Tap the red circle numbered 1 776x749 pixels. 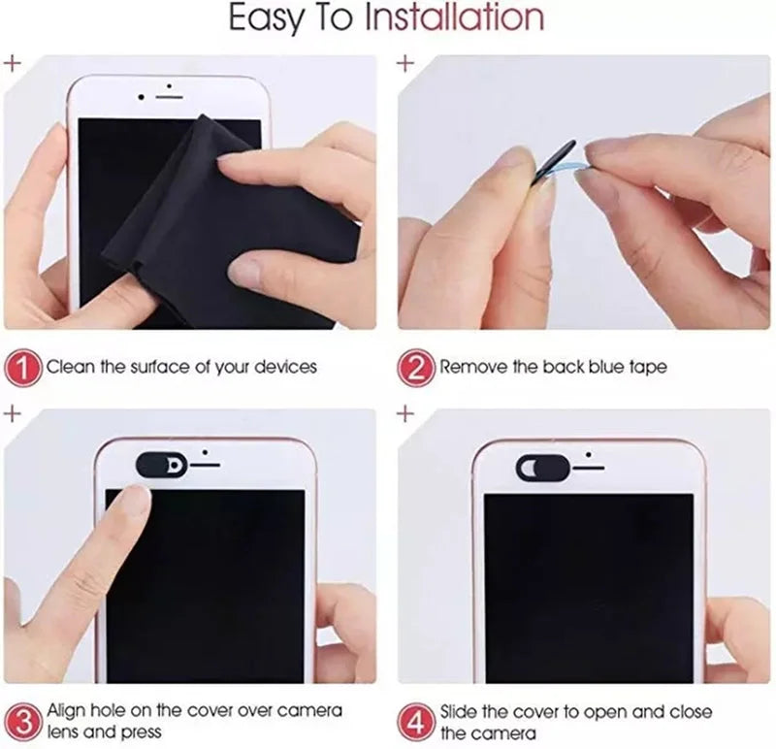25,369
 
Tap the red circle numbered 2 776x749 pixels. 415,369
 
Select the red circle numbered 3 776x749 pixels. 25,720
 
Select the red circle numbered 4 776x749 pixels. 415,720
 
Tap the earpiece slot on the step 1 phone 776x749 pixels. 170,97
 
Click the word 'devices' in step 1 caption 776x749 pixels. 285,369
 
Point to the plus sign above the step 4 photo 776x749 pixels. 405,413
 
